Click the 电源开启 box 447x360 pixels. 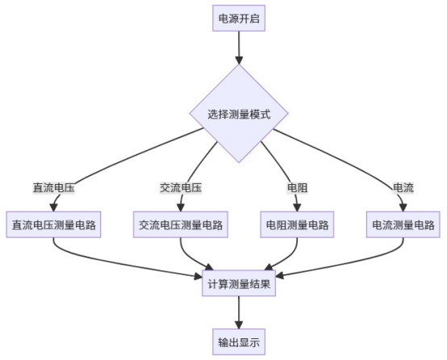tap(239, 18)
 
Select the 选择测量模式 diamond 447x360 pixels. tap(239, 114)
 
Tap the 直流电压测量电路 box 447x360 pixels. tap(53, 224)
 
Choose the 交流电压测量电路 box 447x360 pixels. tap(181, 224)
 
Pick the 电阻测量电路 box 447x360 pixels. tap(297, 224)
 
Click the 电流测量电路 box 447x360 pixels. tap(403, 224)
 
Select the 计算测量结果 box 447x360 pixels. tap(239, 283)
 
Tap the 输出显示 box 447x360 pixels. tap(239, 341)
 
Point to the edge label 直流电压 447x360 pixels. tap(53, 188)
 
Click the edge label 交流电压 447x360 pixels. tap(181, 188)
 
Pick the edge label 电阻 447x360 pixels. tap(298, 188)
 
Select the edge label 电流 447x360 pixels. tap(403, 188)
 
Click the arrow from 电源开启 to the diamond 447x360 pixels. tap(239, 48)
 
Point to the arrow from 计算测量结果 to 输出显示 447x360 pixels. tap(239, 312)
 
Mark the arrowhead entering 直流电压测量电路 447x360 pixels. tap(53, 208)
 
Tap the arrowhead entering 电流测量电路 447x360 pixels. tap(403, 208)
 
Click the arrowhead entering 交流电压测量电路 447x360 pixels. tap(181, 208)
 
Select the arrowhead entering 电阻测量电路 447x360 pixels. tap(297, 208)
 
